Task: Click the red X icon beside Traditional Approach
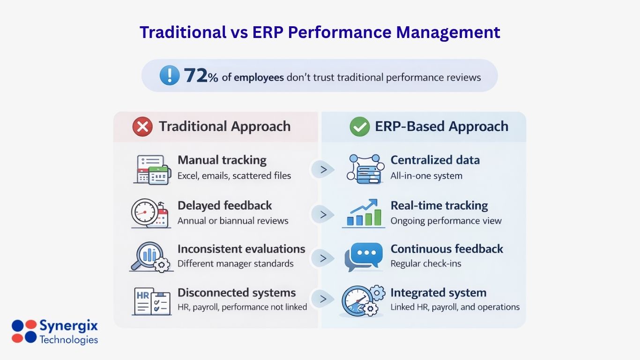coord(142,127)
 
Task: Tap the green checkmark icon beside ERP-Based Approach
coord(359,127)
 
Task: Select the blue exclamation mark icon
coord(169,75)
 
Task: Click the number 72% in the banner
coord(201,76)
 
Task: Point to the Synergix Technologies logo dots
coord(24,331)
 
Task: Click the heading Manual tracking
coord(222,160)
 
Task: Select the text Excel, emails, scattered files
coord(234,176)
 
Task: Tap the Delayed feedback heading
coord(224,205)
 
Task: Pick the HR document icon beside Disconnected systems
coord(151,301)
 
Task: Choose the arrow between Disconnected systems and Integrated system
coord(323,299)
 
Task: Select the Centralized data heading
coord(435,160)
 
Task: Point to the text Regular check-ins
coord(425,264)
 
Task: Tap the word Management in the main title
coord(448,32)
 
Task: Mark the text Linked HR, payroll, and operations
coord(455,307)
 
